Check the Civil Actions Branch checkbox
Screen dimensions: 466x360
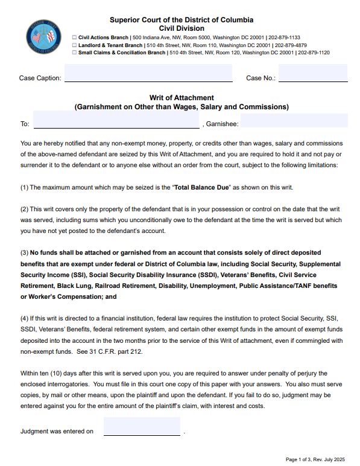pos(74,37)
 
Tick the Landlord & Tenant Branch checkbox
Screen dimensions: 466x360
pos(74,45)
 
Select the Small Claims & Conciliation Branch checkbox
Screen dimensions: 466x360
pos(74,53)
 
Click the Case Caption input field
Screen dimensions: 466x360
pos(148,73)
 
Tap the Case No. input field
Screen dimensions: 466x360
pos(313,73)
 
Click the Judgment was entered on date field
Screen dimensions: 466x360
pos(142,427)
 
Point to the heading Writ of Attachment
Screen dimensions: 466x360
pos(182,98)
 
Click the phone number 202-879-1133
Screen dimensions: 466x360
pos(284,37)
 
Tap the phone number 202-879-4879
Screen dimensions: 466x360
pos(291,45)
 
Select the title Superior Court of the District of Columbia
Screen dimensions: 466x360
pos(182,20)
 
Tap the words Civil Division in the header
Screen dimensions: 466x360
pos(182,28)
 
